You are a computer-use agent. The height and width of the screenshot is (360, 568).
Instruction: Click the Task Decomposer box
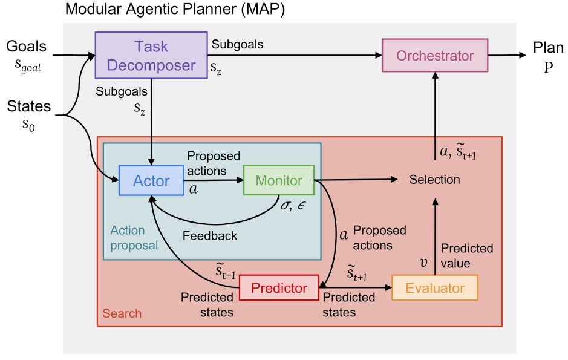coord(151,56)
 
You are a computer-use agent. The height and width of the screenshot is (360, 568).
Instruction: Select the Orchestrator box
coord(434,56)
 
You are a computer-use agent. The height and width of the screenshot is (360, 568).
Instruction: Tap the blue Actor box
coord(151,180)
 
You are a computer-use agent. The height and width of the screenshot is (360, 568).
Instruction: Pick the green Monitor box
coord(279,180)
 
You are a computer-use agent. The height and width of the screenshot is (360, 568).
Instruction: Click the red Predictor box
coord(279,288)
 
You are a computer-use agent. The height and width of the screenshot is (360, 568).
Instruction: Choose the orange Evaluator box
coord(434,288)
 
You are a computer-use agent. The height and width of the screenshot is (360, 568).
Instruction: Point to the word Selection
coord(434,180)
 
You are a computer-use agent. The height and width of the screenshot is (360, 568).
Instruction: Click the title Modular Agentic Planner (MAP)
coord(175,10)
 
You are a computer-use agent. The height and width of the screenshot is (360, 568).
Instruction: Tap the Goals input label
coord(26,47)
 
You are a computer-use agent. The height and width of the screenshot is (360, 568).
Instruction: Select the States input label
coord(28,107)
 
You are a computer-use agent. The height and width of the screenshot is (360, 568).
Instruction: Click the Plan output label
coord(548,47)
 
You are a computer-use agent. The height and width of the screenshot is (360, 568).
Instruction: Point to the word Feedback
coord(209,236)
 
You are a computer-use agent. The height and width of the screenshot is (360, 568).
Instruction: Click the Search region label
coord(122,313)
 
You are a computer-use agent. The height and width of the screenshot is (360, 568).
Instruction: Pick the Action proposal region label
coord(134,238)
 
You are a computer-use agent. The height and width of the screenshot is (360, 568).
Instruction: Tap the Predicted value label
coord(466,256)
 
